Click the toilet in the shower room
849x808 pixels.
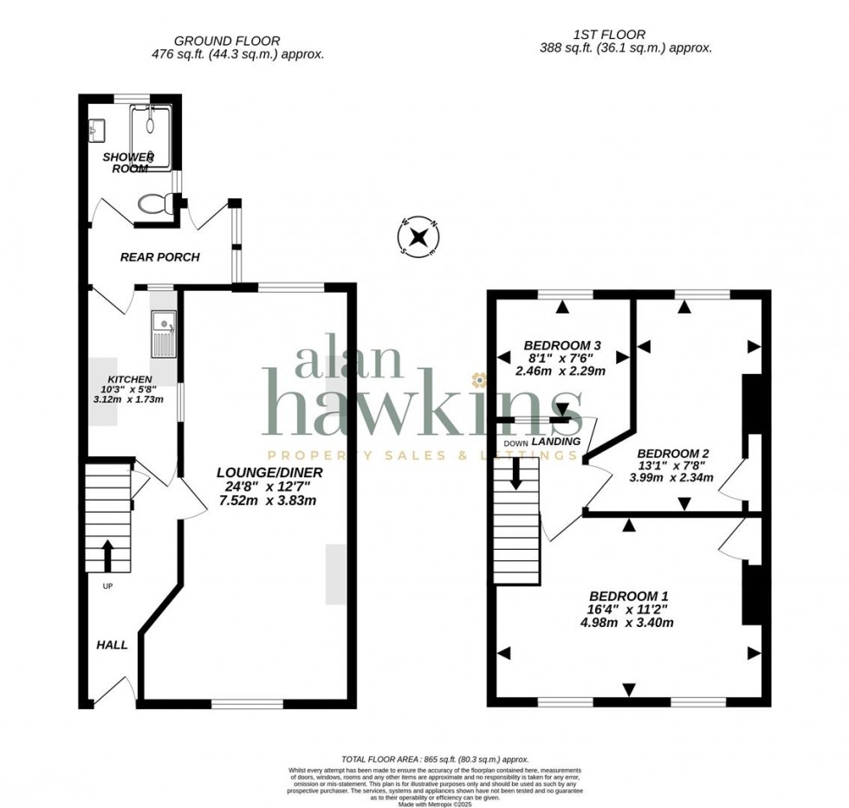click(153, 204)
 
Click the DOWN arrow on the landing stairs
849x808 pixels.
click(516, 472)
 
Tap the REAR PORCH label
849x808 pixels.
click(159, 257)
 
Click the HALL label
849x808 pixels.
click(112, 645)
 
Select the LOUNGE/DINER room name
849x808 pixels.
click(269, 472)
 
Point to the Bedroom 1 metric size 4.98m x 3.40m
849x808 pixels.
click(628, 622)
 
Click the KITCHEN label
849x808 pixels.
click(130, 380)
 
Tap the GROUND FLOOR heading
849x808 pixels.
click(226, 41)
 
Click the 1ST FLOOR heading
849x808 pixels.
click(609, 35)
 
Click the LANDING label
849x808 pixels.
click(555, 442)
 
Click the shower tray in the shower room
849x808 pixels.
click(151, 137)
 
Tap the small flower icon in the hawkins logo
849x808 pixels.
click(476, 379)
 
